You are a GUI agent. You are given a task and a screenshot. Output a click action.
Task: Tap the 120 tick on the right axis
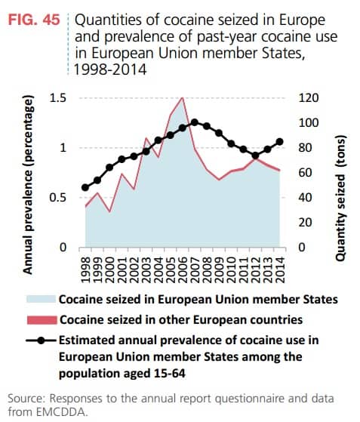click(x=309, y=98)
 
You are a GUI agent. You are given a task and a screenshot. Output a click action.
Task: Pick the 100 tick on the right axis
click(x=309, y=123)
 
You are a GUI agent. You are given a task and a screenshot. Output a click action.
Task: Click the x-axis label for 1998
click(x=85, y=268)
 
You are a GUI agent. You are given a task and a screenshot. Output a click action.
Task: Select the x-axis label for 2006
click(x=182, y=268)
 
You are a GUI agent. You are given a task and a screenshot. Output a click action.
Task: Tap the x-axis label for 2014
click(x=280, y=268)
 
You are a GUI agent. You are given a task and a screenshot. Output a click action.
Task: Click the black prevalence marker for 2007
click(x=195, y=122)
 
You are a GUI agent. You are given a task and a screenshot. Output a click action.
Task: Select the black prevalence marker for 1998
click(x=85, y=188)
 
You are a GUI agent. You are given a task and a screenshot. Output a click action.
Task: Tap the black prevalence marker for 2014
click(x=280, y=141)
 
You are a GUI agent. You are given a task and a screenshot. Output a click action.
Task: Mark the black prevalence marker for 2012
click(x=256, y=156)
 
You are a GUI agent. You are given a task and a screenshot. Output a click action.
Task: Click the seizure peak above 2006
click(x=182, y=97)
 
